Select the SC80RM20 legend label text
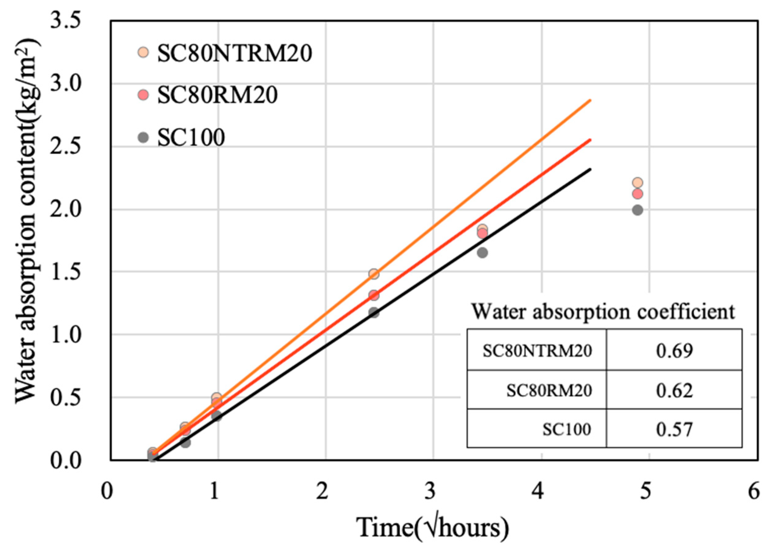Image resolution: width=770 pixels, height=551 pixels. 217,95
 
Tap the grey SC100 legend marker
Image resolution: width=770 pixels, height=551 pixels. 144,137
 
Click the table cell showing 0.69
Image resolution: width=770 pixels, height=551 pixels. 674,351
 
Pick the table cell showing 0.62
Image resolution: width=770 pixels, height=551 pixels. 674,390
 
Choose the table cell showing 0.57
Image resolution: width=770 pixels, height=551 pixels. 674,429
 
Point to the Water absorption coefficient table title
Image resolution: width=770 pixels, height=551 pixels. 603,311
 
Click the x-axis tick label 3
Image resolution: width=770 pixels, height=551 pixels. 430,491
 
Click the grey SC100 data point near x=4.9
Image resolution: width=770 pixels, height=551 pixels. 638,210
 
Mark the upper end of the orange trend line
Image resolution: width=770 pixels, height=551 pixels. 591,101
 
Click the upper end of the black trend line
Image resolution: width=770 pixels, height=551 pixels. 591,169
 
